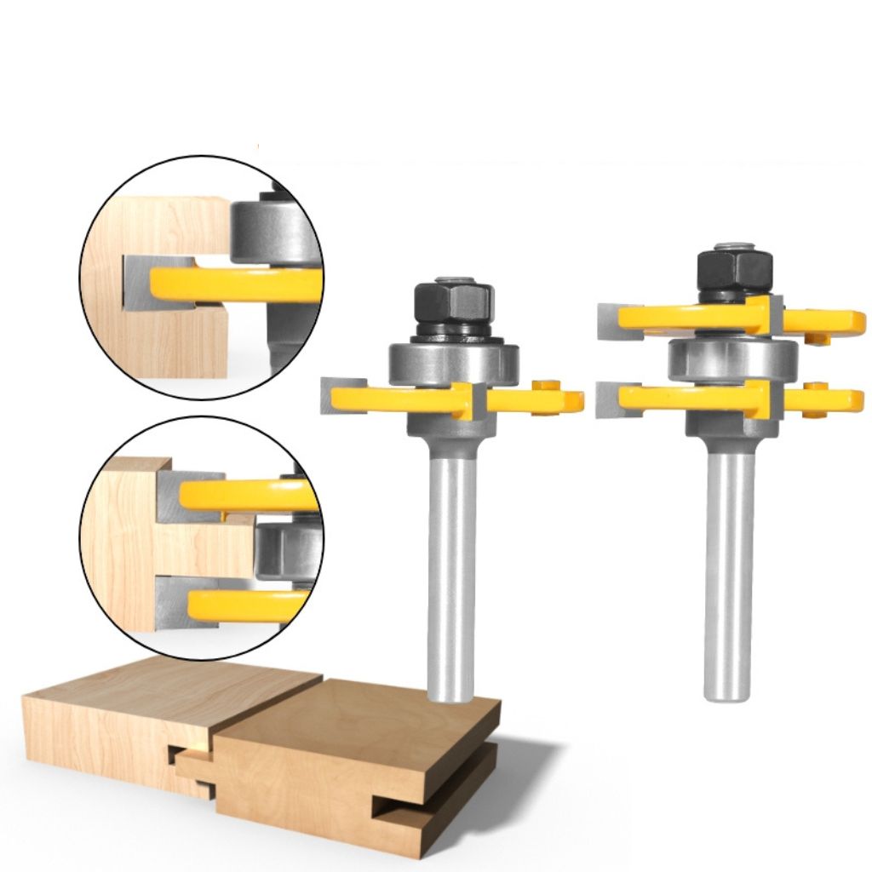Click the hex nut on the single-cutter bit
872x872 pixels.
click(x=454, y=301)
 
